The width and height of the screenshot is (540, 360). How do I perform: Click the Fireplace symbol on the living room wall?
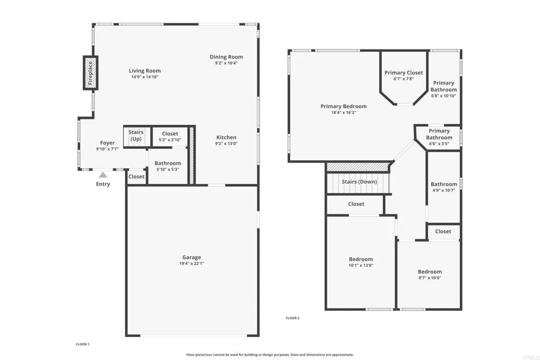tap(90, 73)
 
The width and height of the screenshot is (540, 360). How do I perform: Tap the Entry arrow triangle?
tap(103, 174)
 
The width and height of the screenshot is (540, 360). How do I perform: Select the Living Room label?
tap(144, 71)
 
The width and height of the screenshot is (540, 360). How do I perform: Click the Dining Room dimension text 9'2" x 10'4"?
tap(226, 63)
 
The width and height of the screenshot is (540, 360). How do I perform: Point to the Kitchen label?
tap(226, 138)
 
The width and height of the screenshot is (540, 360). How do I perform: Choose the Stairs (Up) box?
tap(136, 136)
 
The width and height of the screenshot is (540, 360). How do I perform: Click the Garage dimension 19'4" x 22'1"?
tap(192, 263)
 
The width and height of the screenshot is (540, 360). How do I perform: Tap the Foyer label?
tap(108, 143)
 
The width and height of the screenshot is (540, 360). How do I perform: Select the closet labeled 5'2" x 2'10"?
tap(170, 136)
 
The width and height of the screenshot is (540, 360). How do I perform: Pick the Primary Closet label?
tap(403, 73)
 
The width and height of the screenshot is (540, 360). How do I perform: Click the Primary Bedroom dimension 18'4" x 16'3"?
tap(343, 112)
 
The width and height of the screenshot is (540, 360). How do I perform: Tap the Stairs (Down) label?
tap(359, 182)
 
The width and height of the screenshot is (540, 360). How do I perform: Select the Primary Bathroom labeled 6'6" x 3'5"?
tap(439, 134)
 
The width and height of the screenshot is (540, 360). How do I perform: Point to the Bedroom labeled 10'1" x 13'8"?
tap(361, 262)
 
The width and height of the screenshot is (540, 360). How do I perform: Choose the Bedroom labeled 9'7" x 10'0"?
tap(430, 275)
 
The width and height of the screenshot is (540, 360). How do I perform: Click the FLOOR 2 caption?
tap(292, 318)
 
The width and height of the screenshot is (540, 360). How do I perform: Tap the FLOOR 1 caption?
tap(83, 344)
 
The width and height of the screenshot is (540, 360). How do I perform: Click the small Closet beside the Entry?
tap(137, 177)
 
